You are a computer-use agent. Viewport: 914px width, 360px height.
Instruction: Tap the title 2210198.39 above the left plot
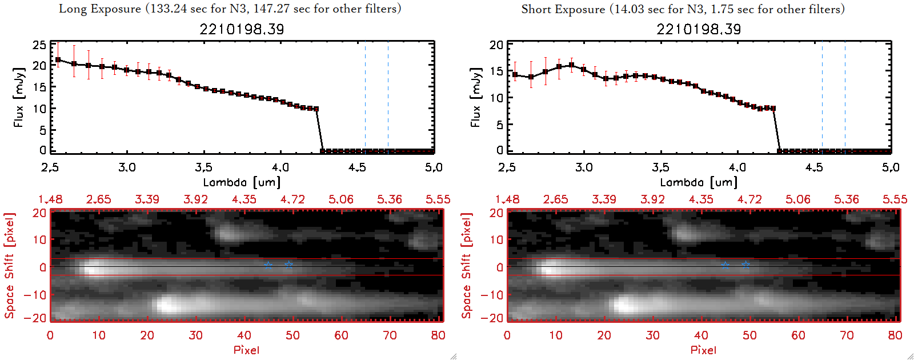point(242,29)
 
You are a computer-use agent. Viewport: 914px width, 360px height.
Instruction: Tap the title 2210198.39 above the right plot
point(699,29)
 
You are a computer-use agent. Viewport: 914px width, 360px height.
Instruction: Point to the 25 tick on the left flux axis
point(39,45)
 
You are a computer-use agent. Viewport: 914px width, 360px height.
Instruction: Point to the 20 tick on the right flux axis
point(496,45)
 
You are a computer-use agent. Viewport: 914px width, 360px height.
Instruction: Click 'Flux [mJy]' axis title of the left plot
point(19,97)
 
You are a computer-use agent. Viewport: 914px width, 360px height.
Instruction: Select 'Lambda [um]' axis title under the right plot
point(699,182)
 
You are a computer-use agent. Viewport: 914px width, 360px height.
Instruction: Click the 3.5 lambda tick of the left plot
point(203,167)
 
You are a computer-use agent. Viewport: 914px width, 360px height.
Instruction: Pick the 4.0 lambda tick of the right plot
point(737,167)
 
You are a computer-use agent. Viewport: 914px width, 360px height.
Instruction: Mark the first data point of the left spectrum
point(58,59)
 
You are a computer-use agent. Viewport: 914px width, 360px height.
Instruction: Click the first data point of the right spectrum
point(515,75)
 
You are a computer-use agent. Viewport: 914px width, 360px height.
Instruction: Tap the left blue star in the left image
point(268,265)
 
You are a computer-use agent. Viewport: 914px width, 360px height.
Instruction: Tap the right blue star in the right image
point(745,265)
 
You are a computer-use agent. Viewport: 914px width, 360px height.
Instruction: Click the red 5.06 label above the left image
point(341,199)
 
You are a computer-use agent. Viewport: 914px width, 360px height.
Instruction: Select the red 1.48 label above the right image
point(507,199)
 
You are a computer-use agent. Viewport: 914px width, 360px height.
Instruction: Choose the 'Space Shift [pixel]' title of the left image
point(10,266)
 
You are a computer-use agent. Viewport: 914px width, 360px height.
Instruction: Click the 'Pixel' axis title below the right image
point(703,350)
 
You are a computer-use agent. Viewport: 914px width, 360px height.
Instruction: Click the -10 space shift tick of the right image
point(492,294)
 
